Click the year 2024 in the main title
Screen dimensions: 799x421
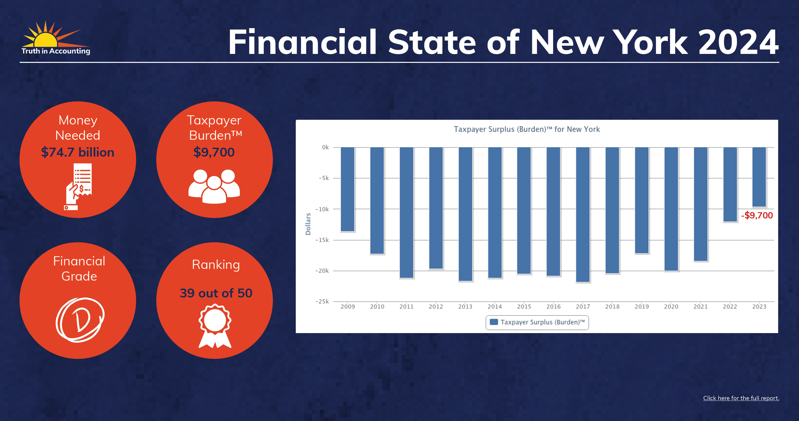pyautogui.click(x=739, y=42)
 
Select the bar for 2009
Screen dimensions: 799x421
pyautogui.click(x=347, y=189)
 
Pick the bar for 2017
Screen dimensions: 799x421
pyautogui.click(x=583, y=214)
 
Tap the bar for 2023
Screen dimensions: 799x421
pyautogui.click(x=759, y=177)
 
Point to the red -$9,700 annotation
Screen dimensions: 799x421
pyautogui.click(x=757, y=215)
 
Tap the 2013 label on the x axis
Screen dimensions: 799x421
pyautogui.click(x=465, y=307)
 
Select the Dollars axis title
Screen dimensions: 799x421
pyautogui.click(x=308, y=224)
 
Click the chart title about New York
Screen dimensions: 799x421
pyautogui.click(x=527, y=129)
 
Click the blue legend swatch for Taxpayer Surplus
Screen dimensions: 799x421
pyautogui.click(x=494, y=322)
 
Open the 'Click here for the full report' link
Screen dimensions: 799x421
pyautogui.click(x=741, y=398)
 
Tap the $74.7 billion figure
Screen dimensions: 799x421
pyautogui.click(x=78, y=152)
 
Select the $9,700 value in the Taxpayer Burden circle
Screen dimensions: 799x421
pyautogui.click(x=214, y=152)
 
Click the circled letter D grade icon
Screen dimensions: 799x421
pyautogui.click(x=80, y=320)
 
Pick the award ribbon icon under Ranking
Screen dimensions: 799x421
pyautogui.click(x=215, y=326)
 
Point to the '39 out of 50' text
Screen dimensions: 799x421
pyautogui.click(x=216, y=293)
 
